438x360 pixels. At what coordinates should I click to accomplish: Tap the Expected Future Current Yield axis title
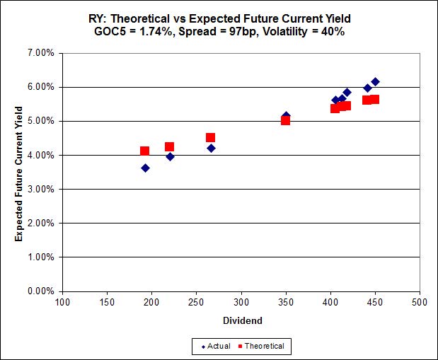tap(19, 173)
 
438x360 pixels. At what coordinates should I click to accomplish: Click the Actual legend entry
tap(216, 346)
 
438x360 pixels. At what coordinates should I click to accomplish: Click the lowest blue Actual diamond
tap(145, 168)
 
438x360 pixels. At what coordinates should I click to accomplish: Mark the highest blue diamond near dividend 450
tap(375, 82)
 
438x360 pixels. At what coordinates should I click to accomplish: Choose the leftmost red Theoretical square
tap(144, 151)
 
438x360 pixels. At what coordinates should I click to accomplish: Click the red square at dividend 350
tap(285, 120)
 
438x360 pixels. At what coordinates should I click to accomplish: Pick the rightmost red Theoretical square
tap(374, 99)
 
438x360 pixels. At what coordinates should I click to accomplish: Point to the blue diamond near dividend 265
tap(211, 148)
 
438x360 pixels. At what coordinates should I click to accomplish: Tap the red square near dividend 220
tap(170, 147)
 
